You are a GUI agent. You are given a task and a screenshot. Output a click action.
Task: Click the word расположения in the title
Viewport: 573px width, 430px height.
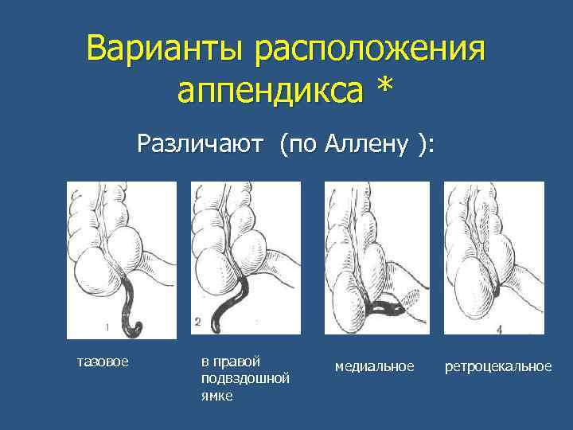click(x=370, y=50)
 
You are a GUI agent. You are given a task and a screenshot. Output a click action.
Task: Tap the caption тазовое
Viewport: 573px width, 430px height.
click(x=103, y=363)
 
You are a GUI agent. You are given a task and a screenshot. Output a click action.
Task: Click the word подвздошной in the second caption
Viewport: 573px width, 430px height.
click(x=245, y=377)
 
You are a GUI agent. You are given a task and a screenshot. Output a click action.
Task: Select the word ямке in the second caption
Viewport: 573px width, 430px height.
click(x=217, y=394)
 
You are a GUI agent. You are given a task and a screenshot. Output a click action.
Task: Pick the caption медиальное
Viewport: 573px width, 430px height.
click(x=374, y=365)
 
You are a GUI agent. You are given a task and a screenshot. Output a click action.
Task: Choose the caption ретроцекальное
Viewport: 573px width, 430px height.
click(x=498, y=365)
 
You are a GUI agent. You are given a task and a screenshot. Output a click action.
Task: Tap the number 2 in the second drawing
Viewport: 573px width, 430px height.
click(x=197, y=322)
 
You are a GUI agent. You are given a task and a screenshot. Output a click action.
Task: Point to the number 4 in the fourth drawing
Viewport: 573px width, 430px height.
click(x=499, y=328)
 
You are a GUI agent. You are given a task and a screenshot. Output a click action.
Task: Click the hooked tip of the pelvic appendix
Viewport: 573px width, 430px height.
click(x=137, y=327)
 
